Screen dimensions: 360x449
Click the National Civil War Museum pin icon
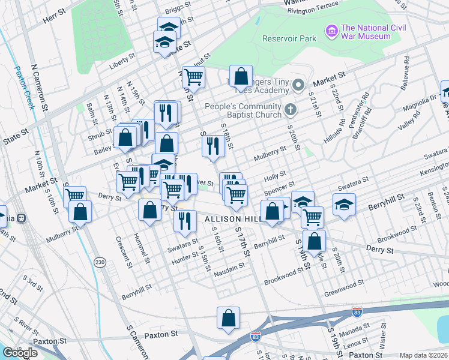coord(331,31)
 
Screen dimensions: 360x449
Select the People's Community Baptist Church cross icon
coord(291,109)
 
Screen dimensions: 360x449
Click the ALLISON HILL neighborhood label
coord(231,220)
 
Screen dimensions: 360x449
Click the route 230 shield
coord(100,262)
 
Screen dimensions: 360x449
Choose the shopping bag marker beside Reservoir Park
coord(241,76)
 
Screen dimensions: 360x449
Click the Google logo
coord(20,353)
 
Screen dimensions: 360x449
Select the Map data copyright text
coord(424,355)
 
